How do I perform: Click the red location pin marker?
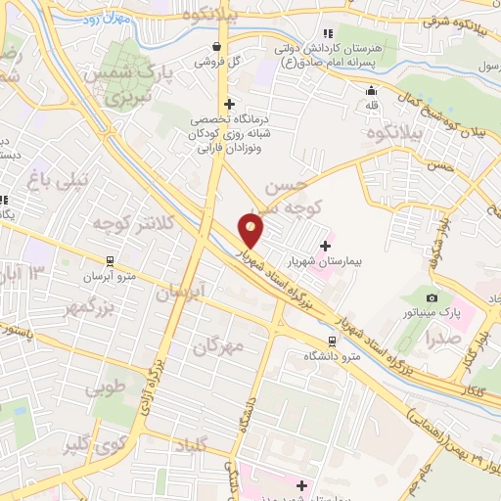click(251, 229)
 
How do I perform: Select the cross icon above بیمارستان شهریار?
click(325, 245)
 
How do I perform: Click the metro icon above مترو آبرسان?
click(109, 260)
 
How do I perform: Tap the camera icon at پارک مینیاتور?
click(432, 296)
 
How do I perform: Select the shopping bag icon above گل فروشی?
click(217, 46)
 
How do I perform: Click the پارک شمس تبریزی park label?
click(137, 85)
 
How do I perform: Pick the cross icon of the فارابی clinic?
click(229, 104)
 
